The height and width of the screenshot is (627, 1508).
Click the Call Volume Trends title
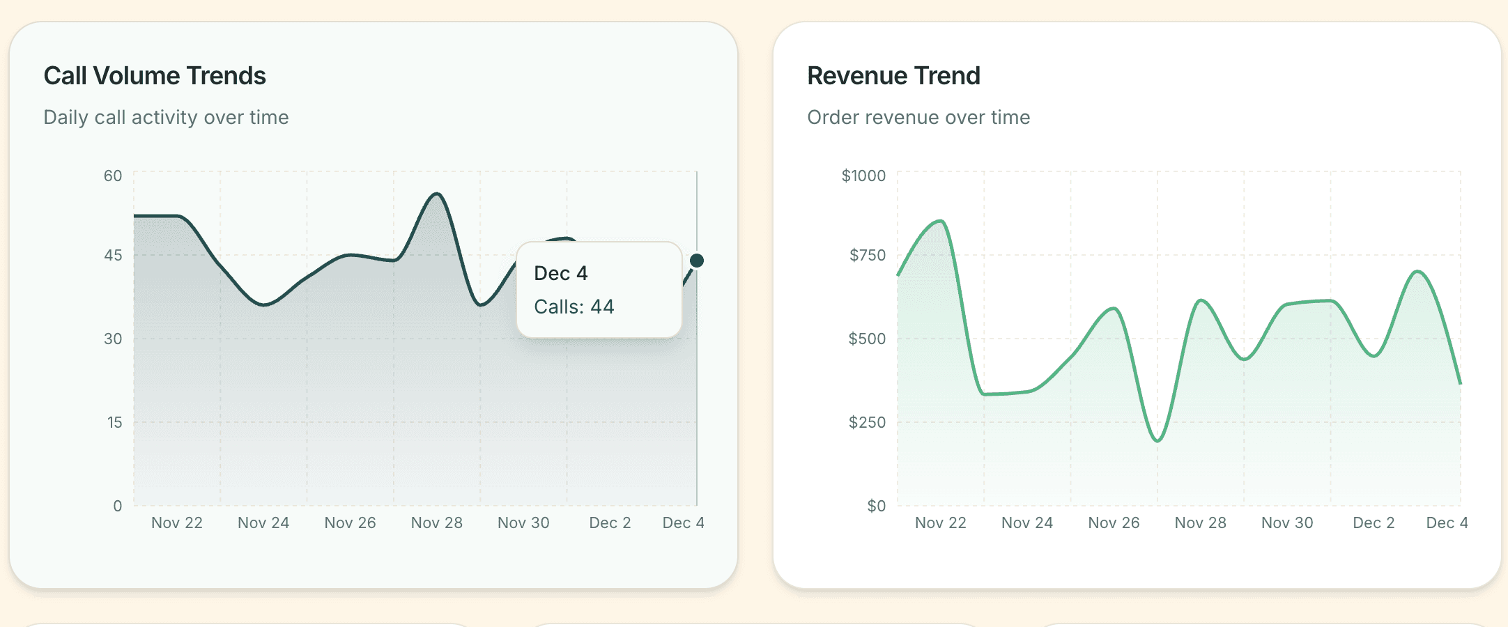(155, 76)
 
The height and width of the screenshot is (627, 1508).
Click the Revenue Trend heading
(893, 76)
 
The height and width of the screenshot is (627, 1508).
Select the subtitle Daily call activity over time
(166, 117)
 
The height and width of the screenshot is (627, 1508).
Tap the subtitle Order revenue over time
(918, 117)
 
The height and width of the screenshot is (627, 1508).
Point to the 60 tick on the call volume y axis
(113, 176)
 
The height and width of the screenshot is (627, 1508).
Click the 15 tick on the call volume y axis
(114, 422)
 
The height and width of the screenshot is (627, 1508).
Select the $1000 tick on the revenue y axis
(863, 176)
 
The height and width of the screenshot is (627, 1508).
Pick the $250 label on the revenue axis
(867, 422)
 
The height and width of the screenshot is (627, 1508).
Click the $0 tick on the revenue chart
(876, 506)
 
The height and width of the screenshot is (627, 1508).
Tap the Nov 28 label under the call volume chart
(437, 522)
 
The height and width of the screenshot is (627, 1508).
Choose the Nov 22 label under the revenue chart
(941, 522)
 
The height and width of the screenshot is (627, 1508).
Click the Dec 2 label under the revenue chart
(1374, 522)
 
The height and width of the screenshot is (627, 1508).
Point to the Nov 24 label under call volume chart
(263, 522)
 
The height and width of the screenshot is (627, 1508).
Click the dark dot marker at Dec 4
(697, 261)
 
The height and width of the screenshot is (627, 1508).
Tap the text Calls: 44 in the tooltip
(574, 307)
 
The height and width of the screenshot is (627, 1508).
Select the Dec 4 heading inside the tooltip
(561, 273)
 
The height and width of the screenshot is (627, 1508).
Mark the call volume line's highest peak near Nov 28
(437, 194)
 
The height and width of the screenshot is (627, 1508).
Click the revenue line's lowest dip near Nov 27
(1157, 441)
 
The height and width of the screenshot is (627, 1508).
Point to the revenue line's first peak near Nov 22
(941, 222)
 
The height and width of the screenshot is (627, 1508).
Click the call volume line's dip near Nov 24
(263, 305)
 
